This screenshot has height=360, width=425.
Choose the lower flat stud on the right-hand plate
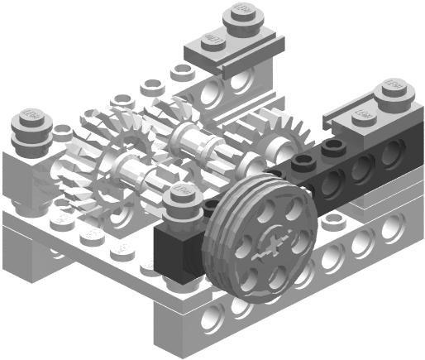coord(364,113)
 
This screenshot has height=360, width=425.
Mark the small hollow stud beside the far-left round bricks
coord(61,131)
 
